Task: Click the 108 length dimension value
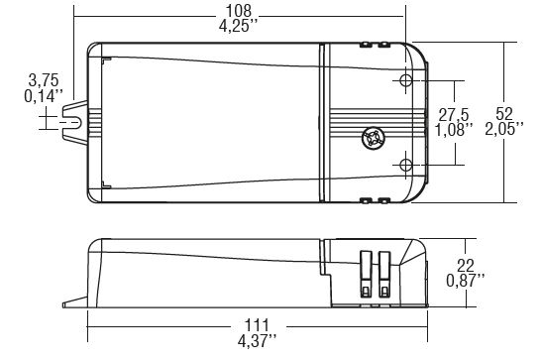tap(239, 11)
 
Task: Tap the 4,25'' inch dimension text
tap(239, 26)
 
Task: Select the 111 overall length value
tap(257, 325)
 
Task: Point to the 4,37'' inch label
tap(257, 341)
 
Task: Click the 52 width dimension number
tap(504, 114)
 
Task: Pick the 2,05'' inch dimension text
tap(504, 129)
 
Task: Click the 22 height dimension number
tap(466, 266)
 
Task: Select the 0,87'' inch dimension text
tap(466, 281)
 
